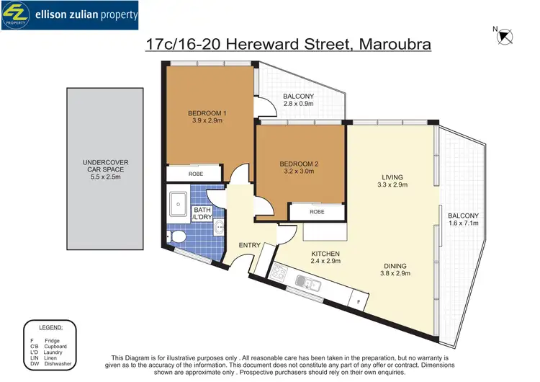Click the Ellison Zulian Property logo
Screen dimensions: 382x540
[71, 15]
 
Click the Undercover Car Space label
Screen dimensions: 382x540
[106, 166]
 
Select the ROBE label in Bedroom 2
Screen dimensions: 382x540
[317, 212]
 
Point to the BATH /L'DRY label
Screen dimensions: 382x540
[202, 214]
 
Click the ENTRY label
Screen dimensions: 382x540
[250, 246]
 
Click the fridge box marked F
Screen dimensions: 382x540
[358, 299]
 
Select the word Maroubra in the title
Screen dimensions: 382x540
[390, 45]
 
